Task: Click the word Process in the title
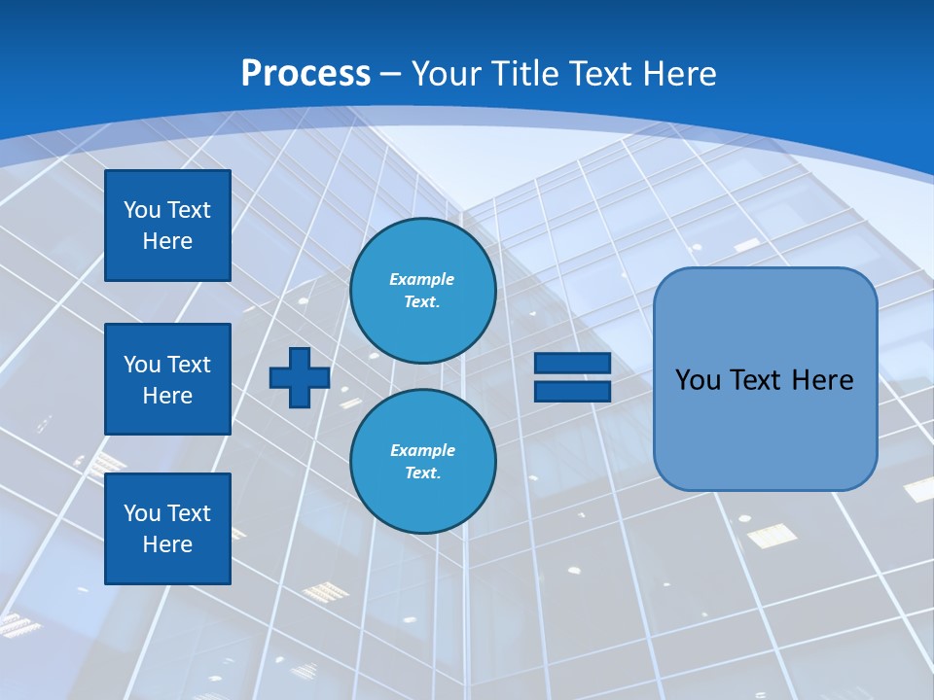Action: coord(305,74)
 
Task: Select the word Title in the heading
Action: coord(524,74)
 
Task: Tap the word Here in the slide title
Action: coord(679,74)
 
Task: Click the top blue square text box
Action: coord(167,226)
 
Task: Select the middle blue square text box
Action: coord(167,379)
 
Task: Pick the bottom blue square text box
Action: coord(167,529)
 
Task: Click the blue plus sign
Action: coord(300,377)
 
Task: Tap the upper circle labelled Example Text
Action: coord(423,291)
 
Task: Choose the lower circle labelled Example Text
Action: coord(423,461)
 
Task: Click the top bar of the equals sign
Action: coord(572,364)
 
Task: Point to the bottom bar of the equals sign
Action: coord(572,391)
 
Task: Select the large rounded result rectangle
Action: coord(765,428)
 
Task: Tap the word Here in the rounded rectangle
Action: coord(822,380)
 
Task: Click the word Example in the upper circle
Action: coord(421,279)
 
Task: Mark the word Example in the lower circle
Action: coord(422,450)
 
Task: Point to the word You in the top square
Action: coord(140,210)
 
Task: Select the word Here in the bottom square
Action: coord(167,544)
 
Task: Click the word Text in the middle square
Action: coord(188,365)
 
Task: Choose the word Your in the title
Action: coord(447,74)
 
